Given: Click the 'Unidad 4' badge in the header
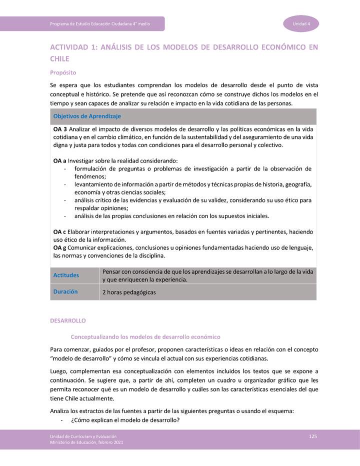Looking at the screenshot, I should [x=301, y=24].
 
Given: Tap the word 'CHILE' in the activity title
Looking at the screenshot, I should [x=59, y=58].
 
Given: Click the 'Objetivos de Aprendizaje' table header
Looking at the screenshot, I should [x=87, y=116].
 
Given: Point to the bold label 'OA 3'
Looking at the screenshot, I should [x=60, y=129].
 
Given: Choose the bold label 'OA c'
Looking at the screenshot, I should [x=59, y=232].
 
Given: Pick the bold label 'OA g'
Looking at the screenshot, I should [x=60, y=248].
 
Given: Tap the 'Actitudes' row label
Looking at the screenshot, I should [x=66, y=275].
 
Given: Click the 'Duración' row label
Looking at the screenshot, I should [x=65, y=291].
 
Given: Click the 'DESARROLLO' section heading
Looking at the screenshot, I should [x=68, y=320].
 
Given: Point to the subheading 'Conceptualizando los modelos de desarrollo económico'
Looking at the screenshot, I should [x=145, y=337].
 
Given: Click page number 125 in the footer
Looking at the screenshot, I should [x=313, y=436].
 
